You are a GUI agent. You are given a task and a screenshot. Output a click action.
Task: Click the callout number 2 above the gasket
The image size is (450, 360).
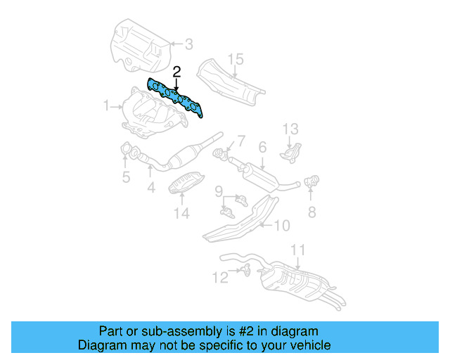pyautogui.click(x=176, y=71)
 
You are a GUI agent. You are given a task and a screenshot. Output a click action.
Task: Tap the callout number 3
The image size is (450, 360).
pyautogui.click(x=188, y=45)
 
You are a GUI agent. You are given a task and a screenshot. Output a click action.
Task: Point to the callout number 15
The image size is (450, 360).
pyautogui.click(x=235, y=59)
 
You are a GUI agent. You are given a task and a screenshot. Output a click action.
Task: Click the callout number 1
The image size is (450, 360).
pyautogui.click(x=105, y=106)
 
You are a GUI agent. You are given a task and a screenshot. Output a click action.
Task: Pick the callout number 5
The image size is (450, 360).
pyautogui.click(x=126, y=177)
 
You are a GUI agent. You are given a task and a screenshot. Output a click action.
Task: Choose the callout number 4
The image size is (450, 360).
pyautogui.click(x=150, y=188)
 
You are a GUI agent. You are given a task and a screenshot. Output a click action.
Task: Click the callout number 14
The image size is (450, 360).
pyautogui.click(x=181, y=213)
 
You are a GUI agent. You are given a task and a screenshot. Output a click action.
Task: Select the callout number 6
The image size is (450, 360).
pyautogui.click(x=262, y=148)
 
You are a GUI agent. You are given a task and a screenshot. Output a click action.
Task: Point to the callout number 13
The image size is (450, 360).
pyautogui.click(x=291, y=129)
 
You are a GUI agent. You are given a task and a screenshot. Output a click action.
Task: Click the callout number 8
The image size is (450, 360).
pyautogui.click(x=311, y=211)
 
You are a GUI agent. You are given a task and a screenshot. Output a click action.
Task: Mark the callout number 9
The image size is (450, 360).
pyautogui.click(x=219, y=190)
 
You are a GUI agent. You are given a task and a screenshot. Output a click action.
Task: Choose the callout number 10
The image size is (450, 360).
pyautogui.click(x=281, y=226)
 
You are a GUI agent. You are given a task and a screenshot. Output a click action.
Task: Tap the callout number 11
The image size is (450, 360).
pyautogui.click(x=298, y=250)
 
